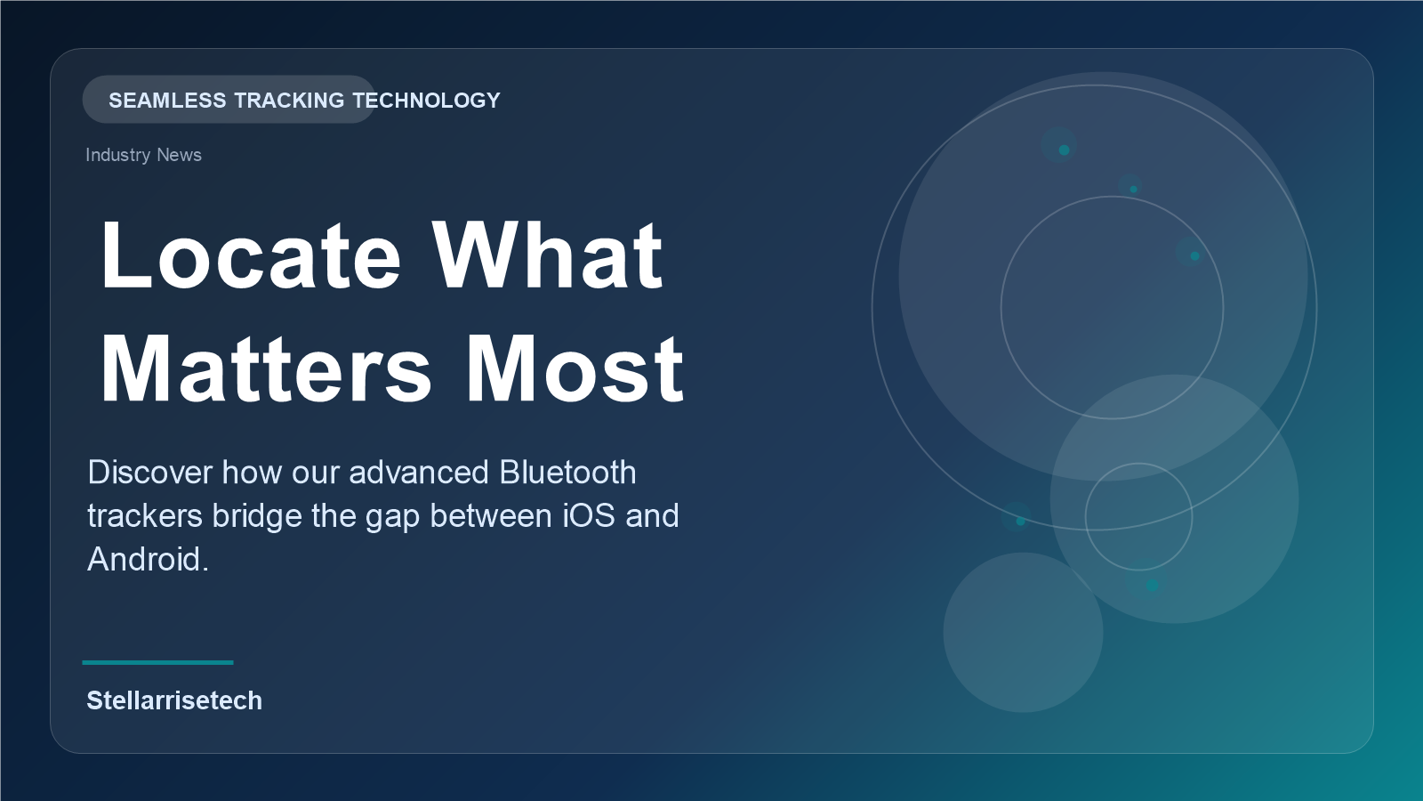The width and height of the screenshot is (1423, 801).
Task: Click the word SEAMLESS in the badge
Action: (x=167, y=101)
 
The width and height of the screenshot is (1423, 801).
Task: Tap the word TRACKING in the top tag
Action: (x=289, y=101)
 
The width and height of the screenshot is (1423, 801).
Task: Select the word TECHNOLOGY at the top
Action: (x=426, y=101)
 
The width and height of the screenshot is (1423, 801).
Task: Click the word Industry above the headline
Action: (x=117, y=155)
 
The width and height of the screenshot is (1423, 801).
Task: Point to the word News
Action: (x=179, y=155)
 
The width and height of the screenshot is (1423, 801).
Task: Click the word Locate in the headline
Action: (x=251, y=255)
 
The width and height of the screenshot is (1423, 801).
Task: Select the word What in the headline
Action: (x=547, y=255)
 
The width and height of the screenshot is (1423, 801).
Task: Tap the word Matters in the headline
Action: (x=266, y=369)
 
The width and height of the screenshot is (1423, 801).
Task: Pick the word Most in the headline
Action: (x=575, y=369)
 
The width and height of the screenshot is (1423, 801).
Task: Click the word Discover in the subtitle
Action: (x=150, y=473)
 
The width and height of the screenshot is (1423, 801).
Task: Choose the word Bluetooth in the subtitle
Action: (x=567, y=473)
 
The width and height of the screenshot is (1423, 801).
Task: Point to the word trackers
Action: (x=145, y=515)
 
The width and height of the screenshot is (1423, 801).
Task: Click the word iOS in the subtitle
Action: (x=589, y=515)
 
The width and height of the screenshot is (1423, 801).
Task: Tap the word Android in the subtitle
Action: (x=148, y=560)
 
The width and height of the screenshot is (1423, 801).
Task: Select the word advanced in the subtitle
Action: (x=419, y=473)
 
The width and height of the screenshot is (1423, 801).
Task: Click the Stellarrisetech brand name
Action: (x=174, y=700)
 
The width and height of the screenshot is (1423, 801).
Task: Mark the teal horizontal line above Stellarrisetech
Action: (x=157, y=662)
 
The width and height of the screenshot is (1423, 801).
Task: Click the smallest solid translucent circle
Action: (x=1023, y=633)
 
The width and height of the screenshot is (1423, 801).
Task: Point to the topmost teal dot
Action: (x=1064, y=150)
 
